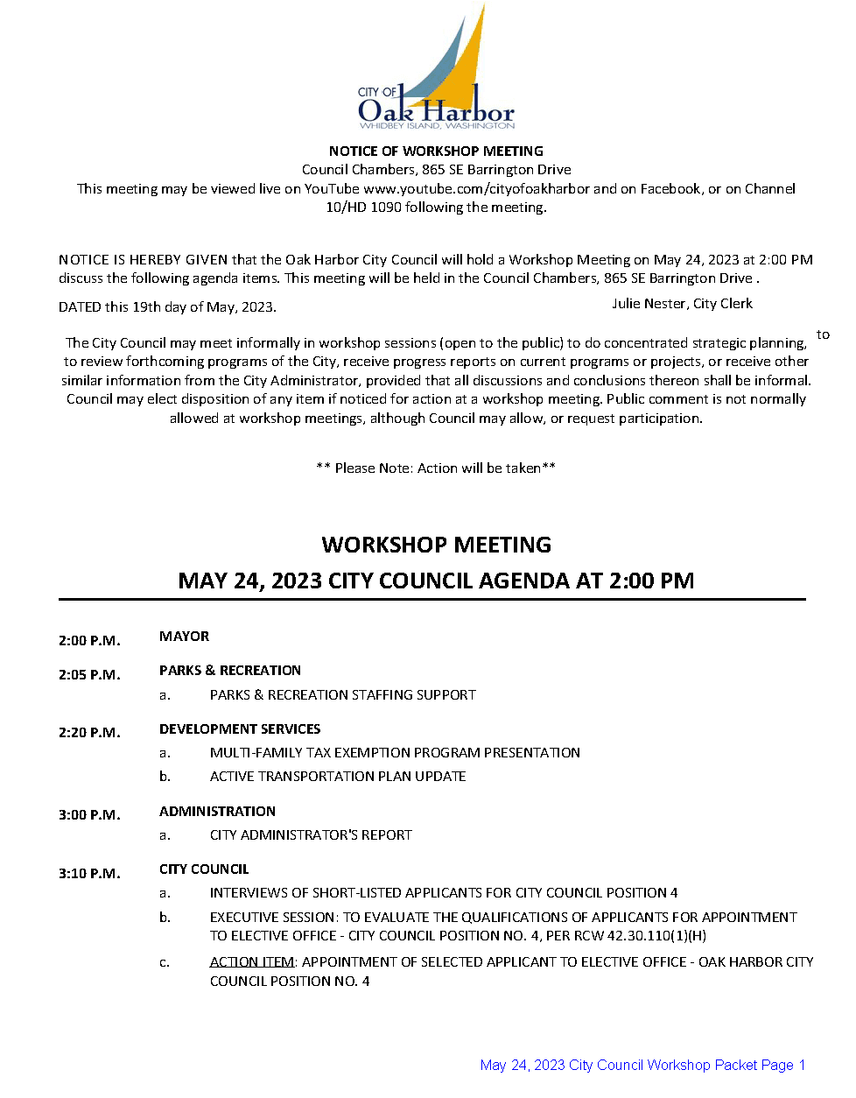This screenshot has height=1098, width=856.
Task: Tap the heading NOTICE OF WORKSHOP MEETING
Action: pyautogui.click(x=436, y=151)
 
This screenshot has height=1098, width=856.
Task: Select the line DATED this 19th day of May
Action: pyautogui.click(x=167, y=306)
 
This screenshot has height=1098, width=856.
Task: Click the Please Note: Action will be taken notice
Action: pyautogui.click(x=436, y=468)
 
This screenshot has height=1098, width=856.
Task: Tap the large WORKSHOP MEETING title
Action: pyautogui.click(x=436, y=545)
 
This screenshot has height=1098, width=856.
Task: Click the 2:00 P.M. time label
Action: pyautogui.click(x=89, y=640)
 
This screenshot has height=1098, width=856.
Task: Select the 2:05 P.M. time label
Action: pyautogui.click(x=89, y=674)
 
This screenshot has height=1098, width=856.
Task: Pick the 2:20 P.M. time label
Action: pyautogui.click(x=89, y=732)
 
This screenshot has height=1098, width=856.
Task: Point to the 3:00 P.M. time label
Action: pyautogui.click(x=89, y=814)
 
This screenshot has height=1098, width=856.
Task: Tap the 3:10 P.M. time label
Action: pyautogui.click(x=89, y=873)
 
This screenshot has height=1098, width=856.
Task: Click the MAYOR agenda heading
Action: pyautogui.click(x=184, y=636)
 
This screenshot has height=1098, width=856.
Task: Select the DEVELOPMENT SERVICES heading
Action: pyautogui.click(x=240, y=728)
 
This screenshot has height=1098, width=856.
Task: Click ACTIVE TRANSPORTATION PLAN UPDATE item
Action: pyautogui.click(x=338, y=776)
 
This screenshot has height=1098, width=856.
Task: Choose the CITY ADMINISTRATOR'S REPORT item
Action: pyautogui.click(x=311, y=834)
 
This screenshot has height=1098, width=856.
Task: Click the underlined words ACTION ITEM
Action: pyautogui.click(x=252, y=961)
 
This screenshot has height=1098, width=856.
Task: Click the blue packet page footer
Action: pyautogui.click(x=642, y=1065)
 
